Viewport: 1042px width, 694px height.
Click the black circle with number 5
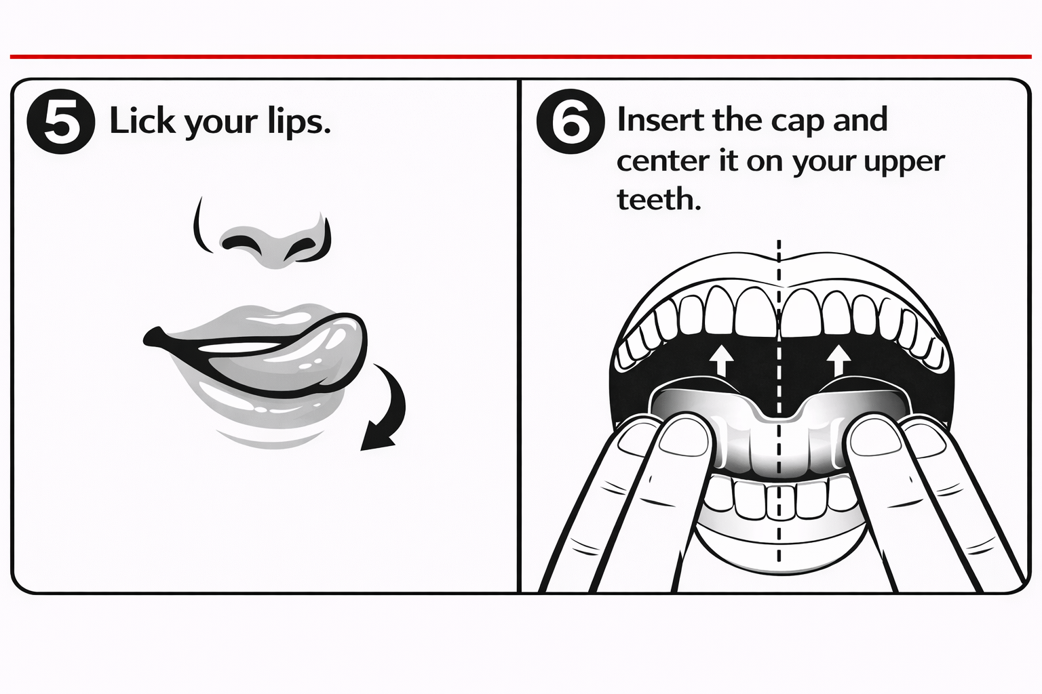61,121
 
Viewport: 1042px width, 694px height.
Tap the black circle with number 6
571,121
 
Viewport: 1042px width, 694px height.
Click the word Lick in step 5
142,121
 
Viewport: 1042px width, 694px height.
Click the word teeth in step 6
658,199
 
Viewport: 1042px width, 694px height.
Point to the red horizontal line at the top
521,57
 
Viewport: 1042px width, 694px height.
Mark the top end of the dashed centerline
779,241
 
